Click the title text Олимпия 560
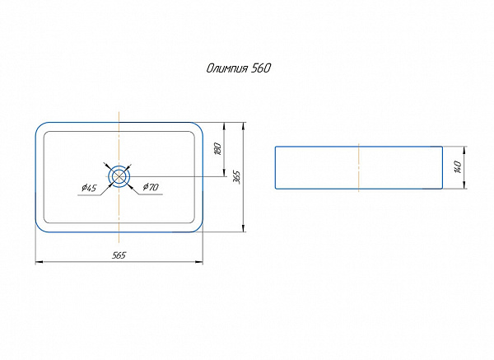(x=238, y=69)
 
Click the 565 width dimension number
(x=119, y=255)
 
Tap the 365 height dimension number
(x=237, y=177)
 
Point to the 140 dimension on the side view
(x=457, y=167)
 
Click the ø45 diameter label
(x=89, y=189)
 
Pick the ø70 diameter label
(x=151, y=188)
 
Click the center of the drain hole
(x=119, y=176)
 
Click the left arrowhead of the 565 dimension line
(x=38, y=262)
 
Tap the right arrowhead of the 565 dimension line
(x=200, y=262)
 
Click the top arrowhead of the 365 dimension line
(x=244, y=126)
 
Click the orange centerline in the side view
(x=359, y=167)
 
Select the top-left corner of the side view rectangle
(x=275, y=147)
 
